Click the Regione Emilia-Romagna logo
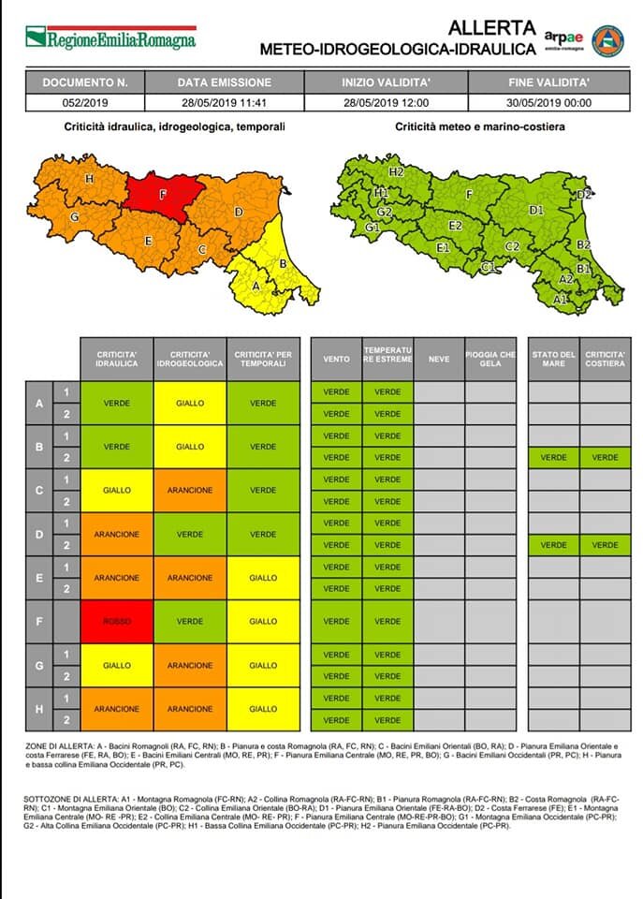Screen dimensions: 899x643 110,38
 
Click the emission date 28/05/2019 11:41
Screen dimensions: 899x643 224,103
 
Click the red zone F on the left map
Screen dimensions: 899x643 163,195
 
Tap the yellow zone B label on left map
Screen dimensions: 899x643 282,264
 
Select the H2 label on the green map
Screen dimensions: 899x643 396,172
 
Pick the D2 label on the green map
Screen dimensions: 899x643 584,195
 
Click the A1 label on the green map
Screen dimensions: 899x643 560,300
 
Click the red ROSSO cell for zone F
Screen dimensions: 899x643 117,621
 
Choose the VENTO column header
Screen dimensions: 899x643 336,359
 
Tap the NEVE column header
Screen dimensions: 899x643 439,359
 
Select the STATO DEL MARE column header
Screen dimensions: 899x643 553,359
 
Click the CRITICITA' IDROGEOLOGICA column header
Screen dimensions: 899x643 190,359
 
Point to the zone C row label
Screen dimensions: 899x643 38,490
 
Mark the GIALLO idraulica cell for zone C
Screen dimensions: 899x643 117,490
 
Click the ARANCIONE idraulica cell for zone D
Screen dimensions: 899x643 117,534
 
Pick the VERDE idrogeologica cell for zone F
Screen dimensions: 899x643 190,621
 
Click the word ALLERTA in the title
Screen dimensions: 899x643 492,27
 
